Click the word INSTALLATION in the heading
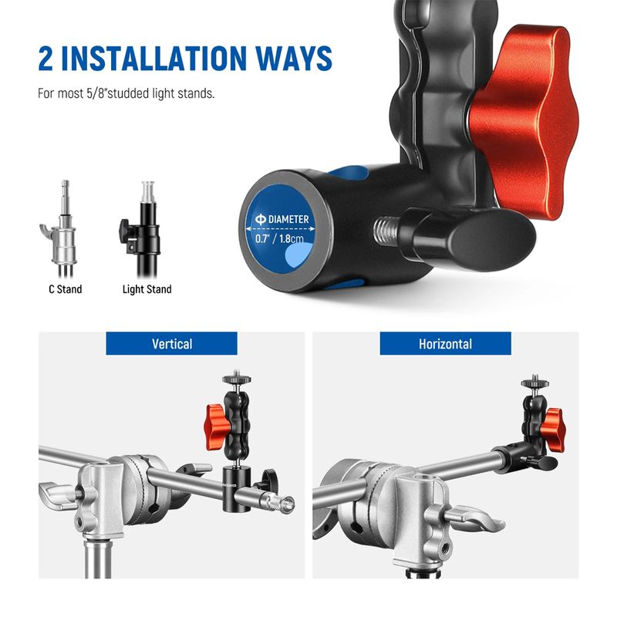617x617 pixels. (153, 59)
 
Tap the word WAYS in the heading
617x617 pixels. (295, 59)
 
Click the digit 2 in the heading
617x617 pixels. (46, 59)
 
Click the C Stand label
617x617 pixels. (66, 289)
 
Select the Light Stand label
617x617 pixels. (147, 290)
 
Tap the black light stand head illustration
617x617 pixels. (141, 229)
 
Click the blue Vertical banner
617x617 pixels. (171, 343)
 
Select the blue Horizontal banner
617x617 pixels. (446, 343)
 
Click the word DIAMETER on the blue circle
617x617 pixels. (288, 219)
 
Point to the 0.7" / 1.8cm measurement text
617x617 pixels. (279, 238)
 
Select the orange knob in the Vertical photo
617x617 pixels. (217, 427)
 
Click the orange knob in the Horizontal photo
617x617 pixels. (552, 430)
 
